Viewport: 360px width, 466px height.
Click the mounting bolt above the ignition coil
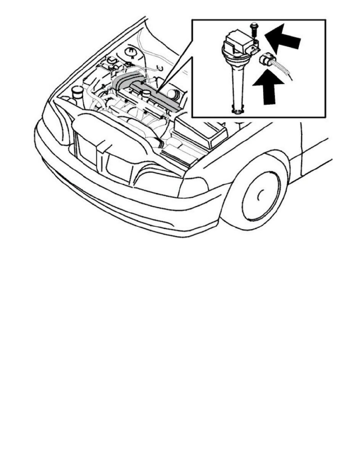(253, 29)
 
